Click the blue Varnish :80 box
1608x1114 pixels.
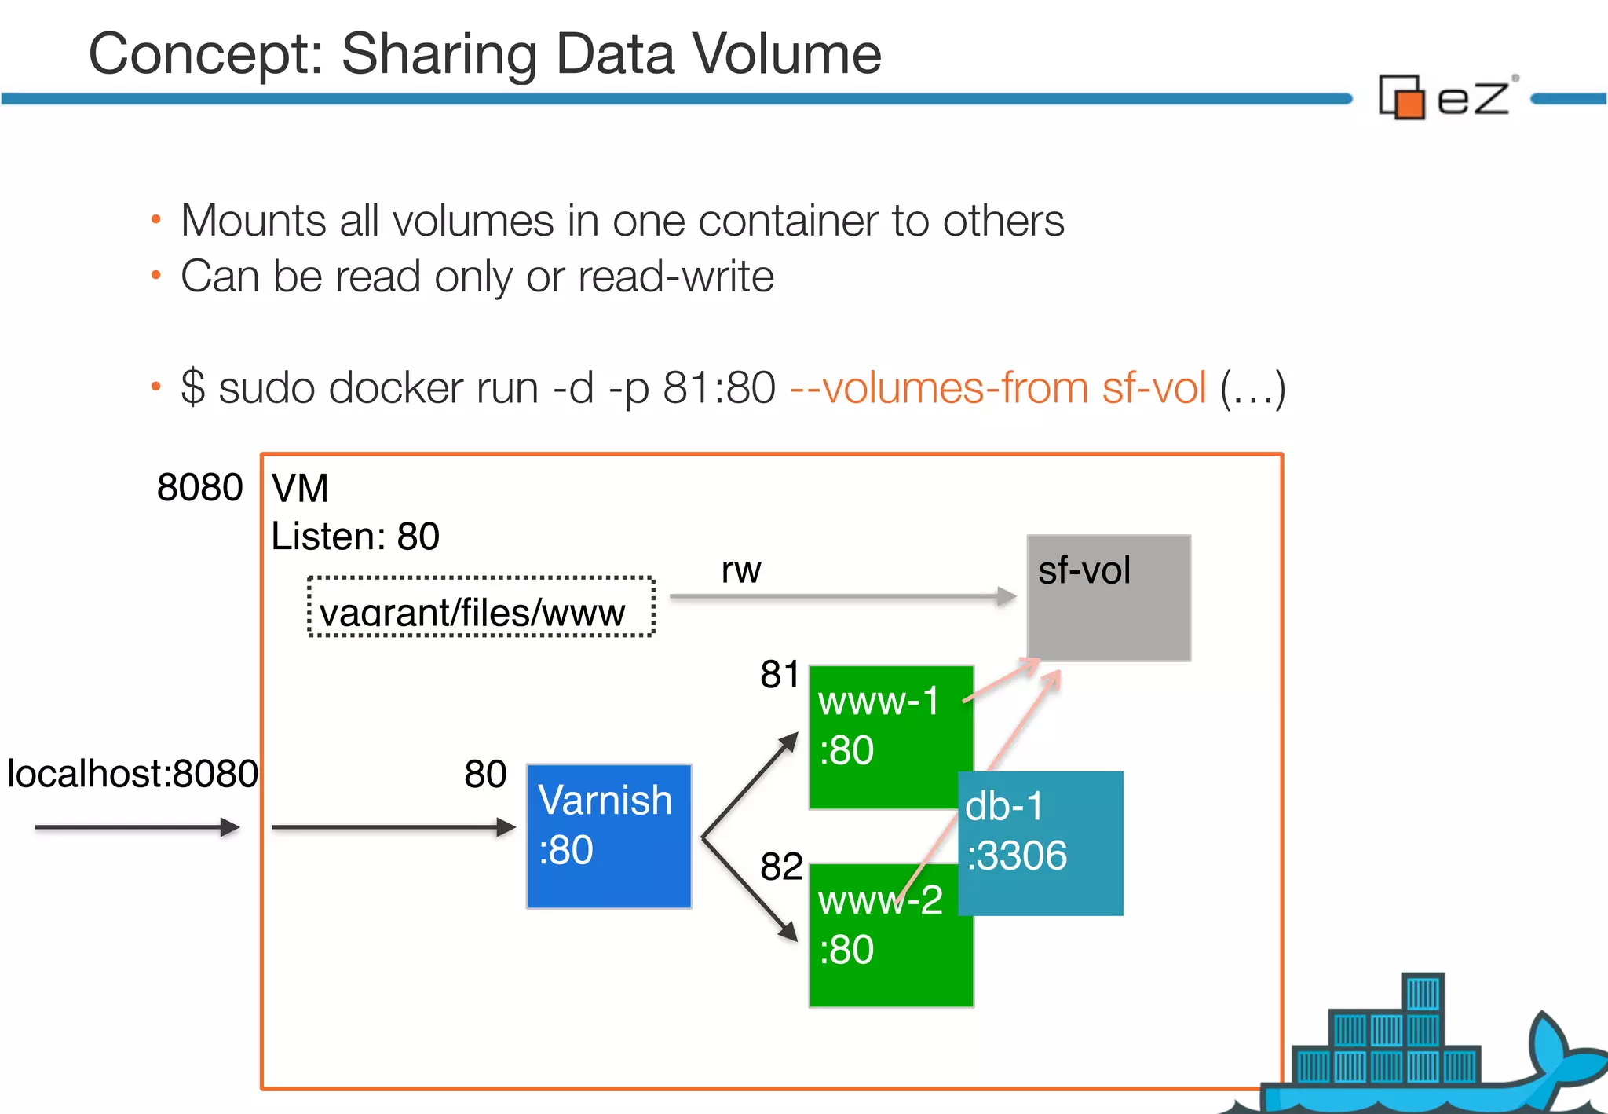coord(608,836)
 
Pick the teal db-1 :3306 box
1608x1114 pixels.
coord(1041,842)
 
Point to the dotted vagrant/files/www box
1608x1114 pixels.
coord(481,607)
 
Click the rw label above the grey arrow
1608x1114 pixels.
coord(740,570)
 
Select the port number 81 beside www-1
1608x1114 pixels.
coord(779,674)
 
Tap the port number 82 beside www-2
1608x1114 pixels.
coord(780,867)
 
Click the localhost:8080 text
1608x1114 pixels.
coord(132,774)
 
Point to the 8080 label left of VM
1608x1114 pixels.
coord(199,487)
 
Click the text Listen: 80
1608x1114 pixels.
coord(355,537)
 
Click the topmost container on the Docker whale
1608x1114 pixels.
coord(1422,992)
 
